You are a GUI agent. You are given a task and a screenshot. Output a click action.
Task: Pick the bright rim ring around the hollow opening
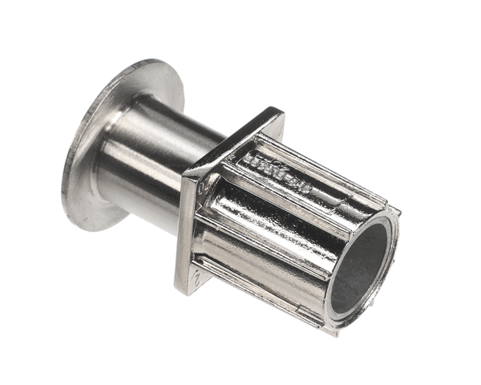coord(392,241)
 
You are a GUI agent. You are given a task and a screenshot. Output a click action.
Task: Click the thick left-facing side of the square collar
coord(186,233)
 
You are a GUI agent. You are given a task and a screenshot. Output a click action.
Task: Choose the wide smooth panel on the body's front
coord(265,249)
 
